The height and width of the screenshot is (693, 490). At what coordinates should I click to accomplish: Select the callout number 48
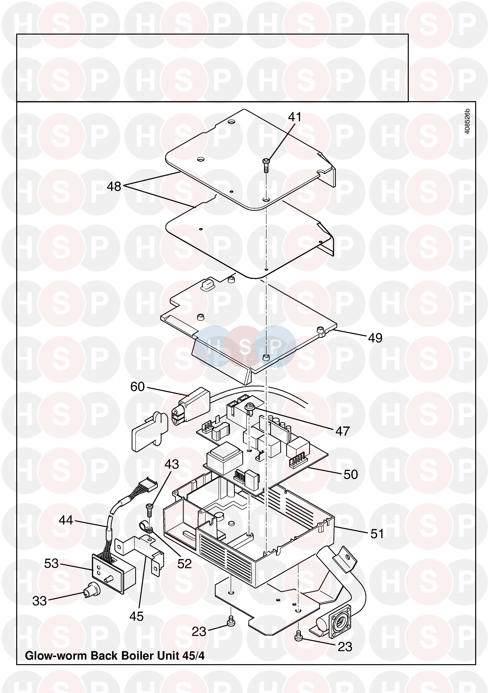pyautogui.click(x=114, y=186)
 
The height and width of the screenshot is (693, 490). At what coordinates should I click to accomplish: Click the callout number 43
pyautogui.click(x=172, y=464)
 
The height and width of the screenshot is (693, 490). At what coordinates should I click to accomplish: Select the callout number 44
pyautogui.click(x=66, y=520)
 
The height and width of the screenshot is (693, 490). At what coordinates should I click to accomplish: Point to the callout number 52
pyautogui.click(x=184, y=564)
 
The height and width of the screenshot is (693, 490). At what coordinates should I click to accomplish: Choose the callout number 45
pyautogui.click(x=136, y=617)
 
